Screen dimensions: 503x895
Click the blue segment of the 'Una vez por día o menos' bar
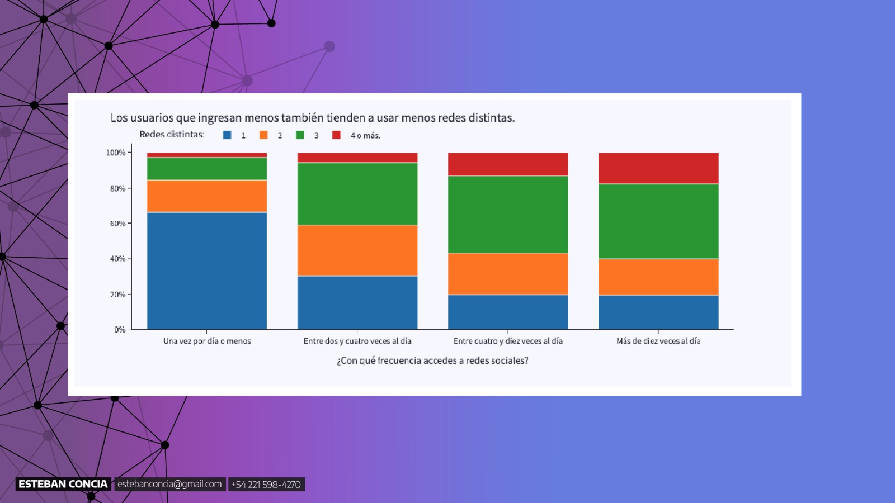point(207,271)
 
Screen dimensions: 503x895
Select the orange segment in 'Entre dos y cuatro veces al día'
point(357,250)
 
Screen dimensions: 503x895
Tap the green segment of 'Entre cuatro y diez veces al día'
point(508,215)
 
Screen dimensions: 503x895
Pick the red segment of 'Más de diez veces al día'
point(658,168)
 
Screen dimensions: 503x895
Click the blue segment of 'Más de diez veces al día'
point(658,312)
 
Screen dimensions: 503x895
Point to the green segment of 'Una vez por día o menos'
point(207,169)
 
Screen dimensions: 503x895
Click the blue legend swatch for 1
point(227,135)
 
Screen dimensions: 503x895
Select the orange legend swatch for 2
point(263,135)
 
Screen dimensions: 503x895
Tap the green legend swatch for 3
point(300,135)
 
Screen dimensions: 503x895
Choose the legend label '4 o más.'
point(365,135)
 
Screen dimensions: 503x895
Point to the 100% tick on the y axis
point(116,153)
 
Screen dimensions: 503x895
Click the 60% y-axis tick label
point(117,224)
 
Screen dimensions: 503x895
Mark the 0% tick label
point(120,330)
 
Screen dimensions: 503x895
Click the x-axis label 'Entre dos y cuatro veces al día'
point(357,341)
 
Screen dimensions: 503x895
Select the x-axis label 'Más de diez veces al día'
point(658,341)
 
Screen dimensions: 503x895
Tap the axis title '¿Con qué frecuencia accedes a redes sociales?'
point(432,360)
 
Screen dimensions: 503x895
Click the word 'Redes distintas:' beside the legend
point(172,134)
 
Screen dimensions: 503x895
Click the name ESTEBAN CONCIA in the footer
point(63,484)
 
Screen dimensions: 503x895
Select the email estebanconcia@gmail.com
point(169,484)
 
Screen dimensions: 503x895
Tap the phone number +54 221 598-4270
point(266,485)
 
